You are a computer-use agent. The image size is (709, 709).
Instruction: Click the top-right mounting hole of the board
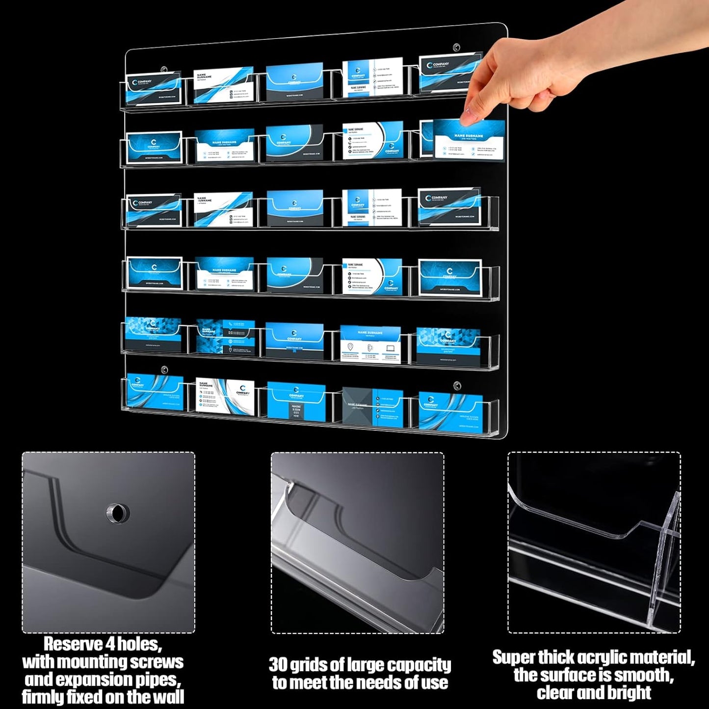pos(456,48)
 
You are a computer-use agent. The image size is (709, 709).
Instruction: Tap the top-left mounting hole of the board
pos(164,70)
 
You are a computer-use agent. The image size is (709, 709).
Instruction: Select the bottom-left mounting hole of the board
pos(164,369)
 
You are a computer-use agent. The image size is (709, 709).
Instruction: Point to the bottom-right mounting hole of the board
pos(457,386)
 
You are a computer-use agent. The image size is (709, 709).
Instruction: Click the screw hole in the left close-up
pos(118,513)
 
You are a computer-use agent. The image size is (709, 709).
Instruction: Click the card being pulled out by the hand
pos(469,140)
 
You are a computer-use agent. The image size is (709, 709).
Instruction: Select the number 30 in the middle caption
pos(278,665)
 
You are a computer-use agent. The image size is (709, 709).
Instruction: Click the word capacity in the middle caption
pos(422,665)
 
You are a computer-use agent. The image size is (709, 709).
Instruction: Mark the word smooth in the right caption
pos(643,675)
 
